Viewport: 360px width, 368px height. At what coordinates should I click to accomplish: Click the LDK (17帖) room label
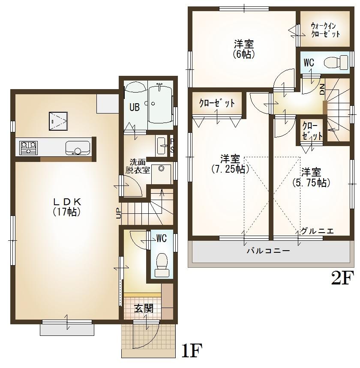pos(67,206)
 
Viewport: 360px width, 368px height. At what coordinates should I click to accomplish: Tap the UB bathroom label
pos(135,108)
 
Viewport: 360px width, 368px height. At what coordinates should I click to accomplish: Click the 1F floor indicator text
pos(191,352)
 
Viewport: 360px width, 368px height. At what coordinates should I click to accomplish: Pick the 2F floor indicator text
pos(341,278)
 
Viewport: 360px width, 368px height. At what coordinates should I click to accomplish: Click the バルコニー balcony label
pos(268,251)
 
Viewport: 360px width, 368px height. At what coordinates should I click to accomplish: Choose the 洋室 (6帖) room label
pos(244,49)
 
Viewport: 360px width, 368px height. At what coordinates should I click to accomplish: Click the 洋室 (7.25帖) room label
pos(230,163)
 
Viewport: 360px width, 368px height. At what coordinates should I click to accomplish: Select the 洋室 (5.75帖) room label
pos(311,177)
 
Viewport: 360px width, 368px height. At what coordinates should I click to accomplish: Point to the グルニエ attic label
pos(317,231)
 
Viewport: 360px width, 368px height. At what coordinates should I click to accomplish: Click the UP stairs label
pos(118,213)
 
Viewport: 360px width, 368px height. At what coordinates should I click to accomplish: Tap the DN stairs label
pos(322,90)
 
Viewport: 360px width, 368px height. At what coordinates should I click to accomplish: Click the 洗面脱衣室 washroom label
pos(138,166)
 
